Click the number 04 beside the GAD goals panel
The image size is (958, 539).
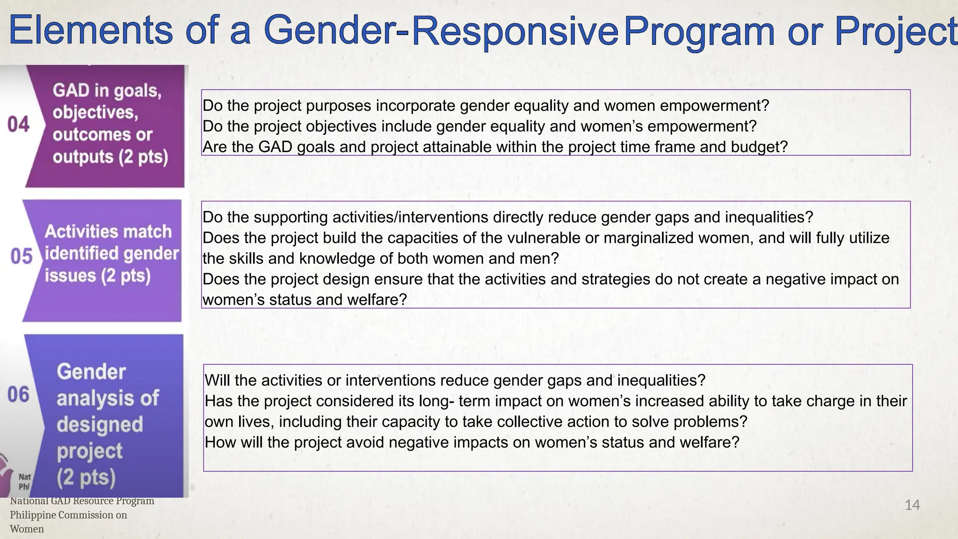[x=18, y=124]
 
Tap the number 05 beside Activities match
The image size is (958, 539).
[x=21, y=256]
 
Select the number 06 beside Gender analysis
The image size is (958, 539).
[x=18, y=394]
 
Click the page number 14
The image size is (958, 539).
[x=912, y=505]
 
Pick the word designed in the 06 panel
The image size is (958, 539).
[x=100, y=424]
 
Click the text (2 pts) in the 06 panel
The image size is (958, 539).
[x=86, y=477]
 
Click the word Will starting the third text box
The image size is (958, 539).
[x=218, y=380]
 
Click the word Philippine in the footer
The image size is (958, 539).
[x=37, y=515]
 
